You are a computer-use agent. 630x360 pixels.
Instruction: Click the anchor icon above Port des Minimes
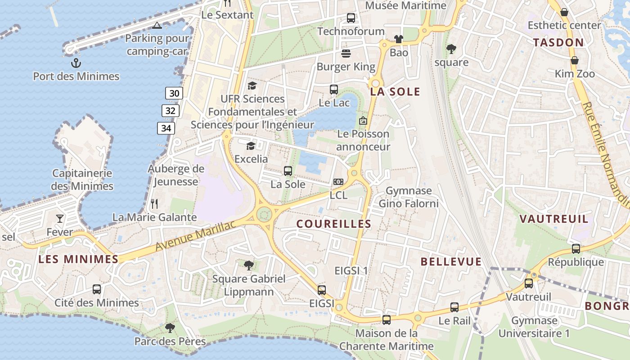coord(76,62)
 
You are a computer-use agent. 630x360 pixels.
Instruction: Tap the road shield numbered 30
coord(174,93)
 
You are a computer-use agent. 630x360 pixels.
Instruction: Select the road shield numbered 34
coord(166,128)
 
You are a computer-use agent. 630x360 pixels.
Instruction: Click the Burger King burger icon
coord(346,54)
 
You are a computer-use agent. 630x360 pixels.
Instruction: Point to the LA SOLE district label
coord(395,92)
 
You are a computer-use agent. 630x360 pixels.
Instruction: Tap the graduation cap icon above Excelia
coord(251,146)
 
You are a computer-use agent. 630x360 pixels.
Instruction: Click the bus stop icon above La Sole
coord(288,171)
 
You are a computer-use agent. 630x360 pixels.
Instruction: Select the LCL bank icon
coord(338,182)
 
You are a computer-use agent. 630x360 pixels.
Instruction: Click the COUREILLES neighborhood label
coord(334,224)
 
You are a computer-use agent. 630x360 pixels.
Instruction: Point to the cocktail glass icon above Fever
coord(60,219)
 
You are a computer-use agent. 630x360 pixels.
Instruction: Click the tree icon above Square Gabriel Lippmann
coord(248,265)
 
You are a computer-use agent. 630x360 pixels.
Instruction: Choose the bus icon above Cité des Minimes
coord(97,289)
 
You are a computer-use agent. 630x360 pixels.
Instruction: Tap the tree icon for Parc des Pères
coord(170,328)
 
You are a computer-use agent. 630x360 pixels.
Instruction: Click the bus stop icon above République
coord(576,248)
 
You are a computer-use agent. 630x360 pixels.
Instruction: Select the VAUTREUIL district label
coord(554,219)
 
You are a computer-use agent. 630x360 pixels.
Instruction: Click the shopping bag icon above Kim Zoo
coord(575,60)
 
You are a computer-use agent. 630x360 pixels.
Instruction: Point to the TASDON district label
coord(558,43)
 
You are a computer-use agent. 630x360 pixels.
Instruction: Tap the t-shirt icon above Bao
coord(399,39)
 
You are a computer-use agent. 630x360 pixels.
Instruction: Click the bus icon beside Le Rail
coord(454,307)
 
